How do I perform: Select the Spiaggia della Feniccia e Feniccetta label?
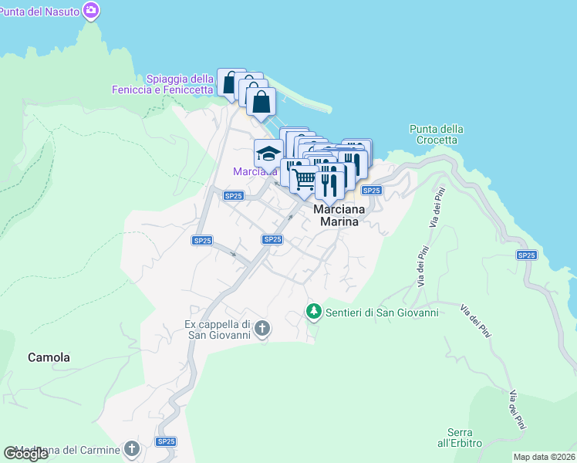tap(180, 84)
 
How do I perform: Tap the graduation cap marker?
tap(268, 153)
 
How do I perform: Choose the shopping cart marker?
tap(304, 180)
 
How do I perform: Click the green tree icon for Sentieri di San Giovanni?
tap(313, 313)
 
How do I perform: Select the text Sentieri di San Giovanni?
tap(382, 313)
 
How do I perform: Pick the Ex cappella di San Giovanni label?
tap(218, 330)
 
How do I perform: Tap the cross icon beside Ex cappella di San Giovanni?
tap(262, 330)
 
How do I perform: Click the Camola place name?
tap(49, 357)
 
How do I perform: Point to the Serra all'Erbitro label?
tap(464, 438)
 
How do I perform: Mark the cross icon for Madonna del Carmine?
tap(132, 449)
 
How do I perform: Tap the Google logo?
tap(25, 454)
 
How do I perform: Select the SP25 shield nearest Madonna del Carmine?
tap(166, 441)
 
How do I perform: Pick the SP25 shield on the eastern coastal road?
tap(527, 255)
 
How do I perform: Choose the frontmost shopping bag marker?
tap(262, 102)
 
